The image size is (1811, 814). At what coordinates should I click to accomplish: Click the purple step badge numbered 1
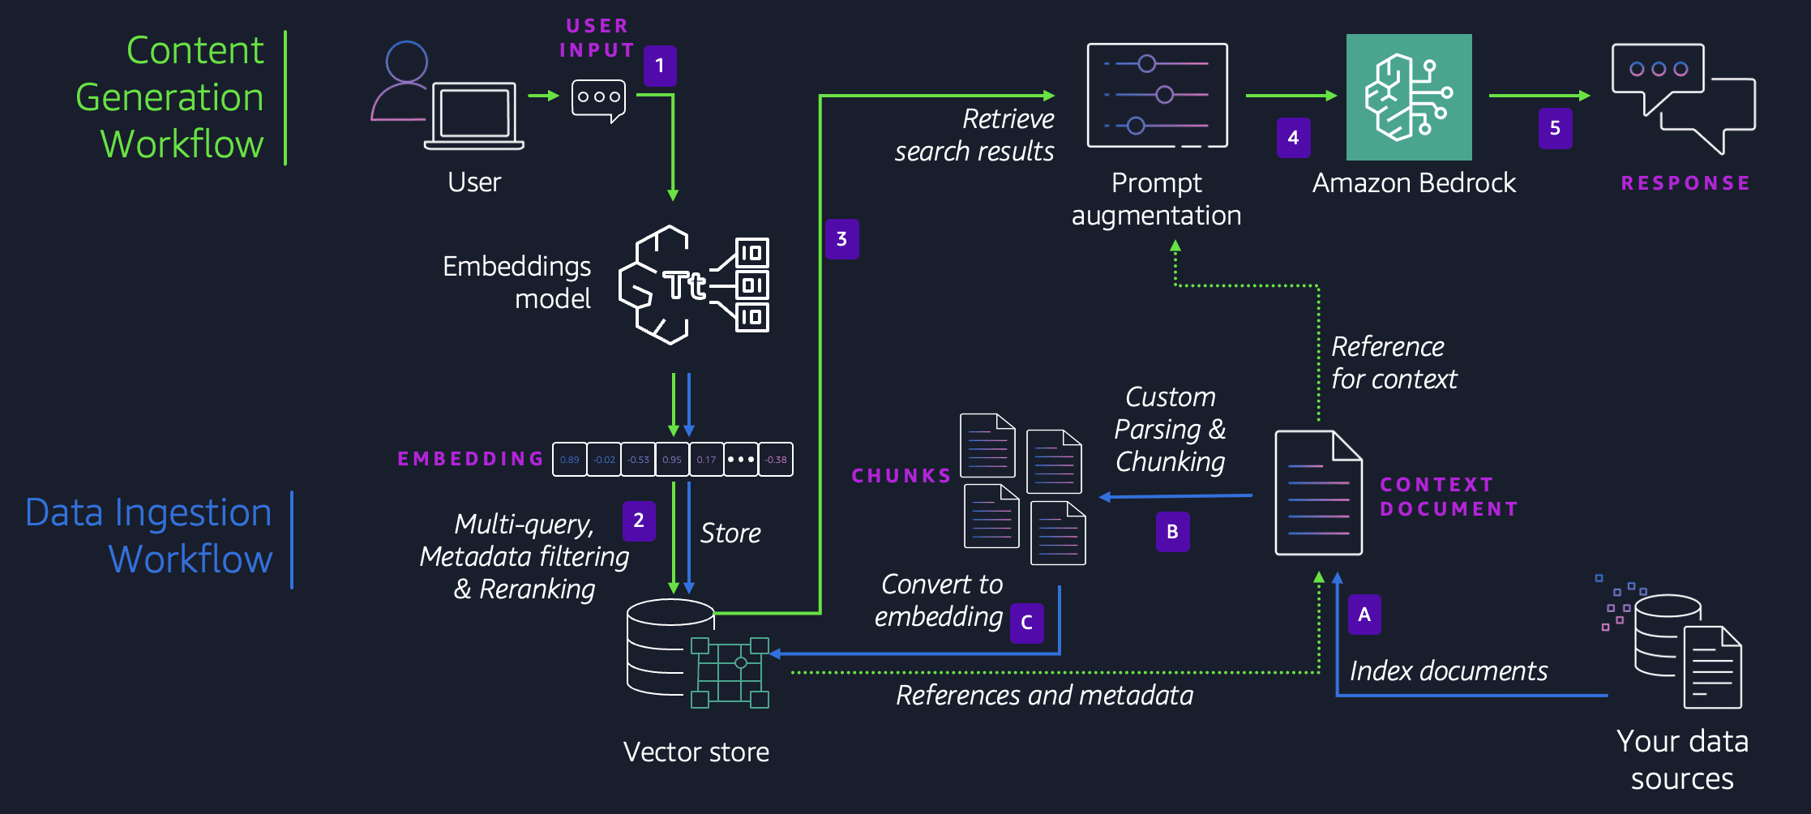click(660, 66)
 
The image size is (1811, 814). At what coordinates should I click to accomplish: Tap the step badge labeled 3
click(841, 239)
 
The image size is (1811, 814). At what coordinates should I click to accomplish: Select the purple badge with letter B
click(1172, 532)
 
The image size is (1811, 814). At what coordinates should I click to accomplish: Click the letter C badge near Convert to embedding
click(1026, 623)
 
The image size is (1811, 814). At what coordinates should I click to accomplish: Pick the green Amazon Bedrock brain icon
click(1409, 96)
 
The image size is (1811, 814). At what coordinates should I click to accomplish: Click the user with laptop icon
click(447, 96)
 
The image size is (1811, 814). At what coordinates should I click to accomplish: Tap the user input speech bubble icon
click(598, 99)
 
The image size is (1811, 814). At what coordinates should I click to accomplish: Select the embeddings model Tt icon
click(694, 285)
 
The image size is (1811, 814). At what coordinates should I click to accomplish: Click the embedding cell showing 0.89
click(570, 460)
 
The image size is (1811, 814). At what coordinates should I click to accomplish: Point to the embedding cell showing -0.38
click(776, 460)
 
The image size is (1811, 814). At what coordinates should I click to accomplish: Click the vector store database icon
click(697, 653)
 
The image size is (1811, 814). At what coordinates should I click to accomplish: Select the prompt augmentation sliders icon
click(1157, 96)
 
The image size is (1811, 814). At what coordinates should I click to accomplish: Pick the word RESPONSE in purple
click(1685, 183)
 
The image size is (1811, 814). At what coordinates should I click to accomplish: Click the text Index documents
click(1449, 671)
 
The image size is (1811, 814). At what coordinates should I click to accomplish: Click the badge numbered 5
click(1555, 128)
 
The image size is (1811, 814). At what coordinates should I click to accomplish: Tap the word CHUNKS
click(901, 476)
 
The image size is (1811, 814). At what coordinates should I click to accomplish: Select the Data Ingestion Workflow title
click(150, 536)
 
